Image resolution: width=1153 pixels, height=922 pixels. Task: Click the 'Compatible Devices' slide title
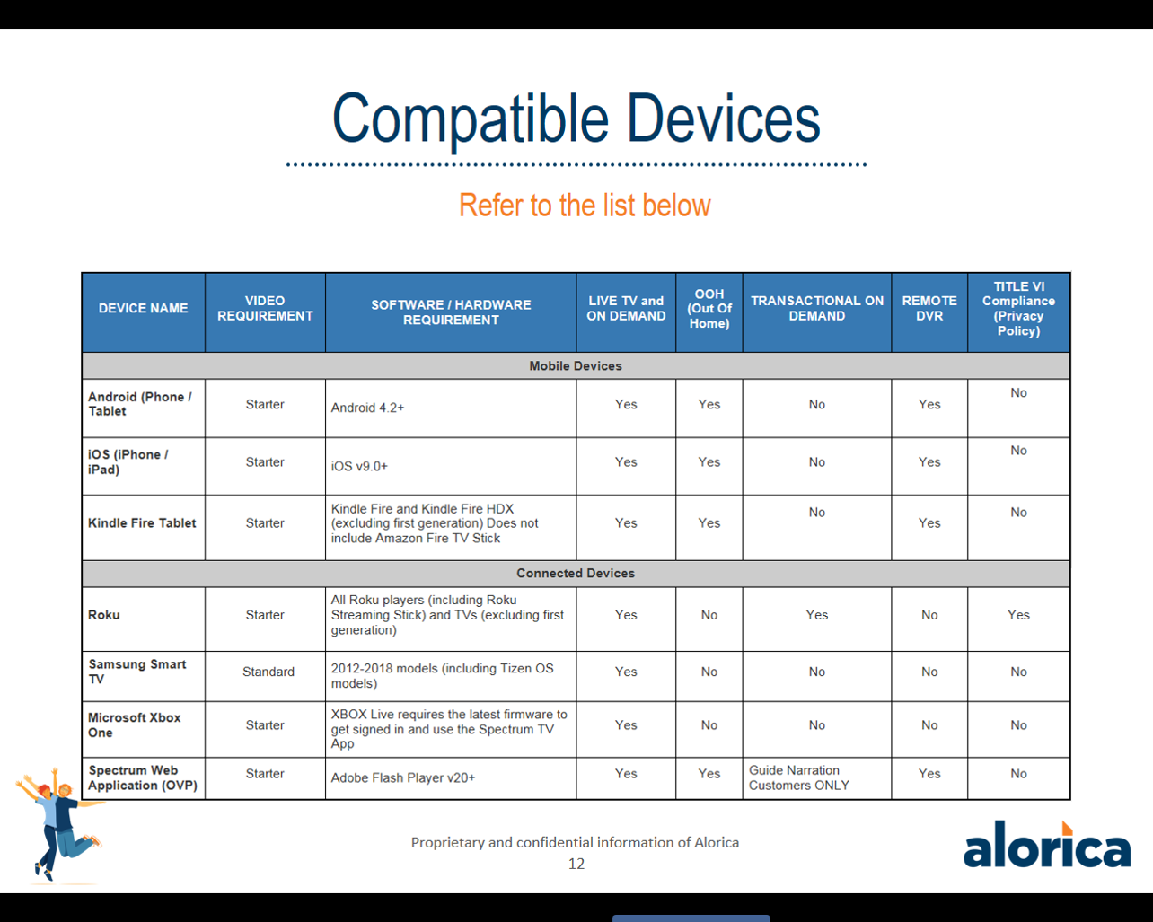pos(576,119)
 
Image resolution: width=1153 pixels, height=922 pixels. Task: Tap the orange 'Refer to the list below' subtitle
pos(585,206)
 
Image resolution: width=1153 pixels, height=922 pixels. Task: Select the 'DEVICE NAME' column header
pos(143,308)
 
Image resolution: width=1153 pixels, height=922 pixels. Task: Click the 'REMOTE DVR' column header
pos(929,308)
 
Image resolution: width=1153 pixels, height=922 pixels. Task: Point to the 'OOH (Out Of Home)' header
pos(709,309)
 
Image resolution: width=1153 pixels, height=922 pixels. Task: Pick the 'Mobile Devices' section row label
pos(576,366)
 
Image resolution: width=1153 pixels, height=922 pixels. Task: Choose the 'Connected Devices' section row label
pos(576,574)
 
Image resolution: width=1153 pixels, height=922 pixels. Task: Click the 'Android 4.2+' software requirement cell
pos(367,408)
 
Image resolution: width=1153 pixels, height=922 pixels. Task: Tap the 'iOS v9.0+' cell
pos(359,466)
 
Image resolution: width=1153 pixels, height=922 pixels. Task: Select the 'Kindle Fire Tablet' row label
pos(142,522)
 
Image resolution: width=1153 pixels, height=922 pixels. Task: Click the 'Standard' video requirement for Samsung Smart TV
pos(268,672)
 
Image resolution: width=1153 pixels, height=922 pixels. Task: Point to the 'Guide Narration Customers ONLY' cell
pos(799,777)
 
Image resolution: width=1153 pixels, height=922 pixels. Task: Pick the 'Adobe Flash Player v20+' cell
pos(403,777)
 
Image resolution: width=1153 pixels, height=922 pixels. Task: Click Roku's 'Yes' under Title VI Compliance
pos(1018,615)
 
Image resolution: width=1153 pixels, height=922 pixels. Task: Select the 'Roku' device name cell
pos(104,615)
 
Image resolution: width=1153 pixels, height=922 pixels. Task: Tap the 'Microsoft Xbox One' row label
pos(134,724)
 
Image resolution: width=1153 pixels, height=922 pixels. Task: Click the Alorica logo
pos(1047,844)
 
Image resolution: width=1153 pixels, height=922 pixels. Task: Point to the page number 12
pos(576,864)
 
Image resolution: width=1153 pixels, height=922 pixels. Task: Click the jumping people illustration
pos(59,825)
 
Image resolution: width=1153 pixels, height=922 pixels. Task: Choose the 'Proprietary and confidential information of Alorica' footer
pos(575,843)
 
